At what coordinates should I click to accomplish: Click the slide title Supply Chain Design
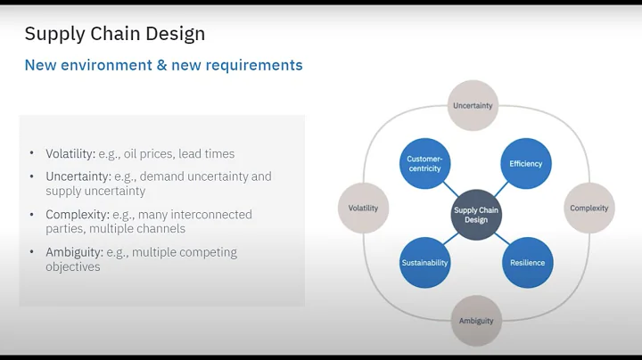(114, 34)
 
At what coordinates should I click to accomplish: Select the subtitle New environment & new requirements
(163, 65)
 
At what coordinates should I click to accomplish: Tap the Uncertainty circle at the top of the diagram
(473, 105)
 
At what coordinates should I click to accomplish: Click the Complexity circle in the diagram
(589, 209)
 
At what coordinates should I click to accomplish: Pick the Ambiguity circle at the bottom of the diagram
(476, 321)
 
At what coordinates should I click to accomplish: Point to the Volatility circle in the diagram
(363, 209)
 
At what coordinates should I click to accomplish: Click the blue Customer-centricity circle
(424, 164)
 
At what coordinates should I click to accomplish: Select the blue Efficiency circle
(526, 164)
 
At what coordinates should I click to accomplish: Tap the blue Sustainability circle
(424, 263)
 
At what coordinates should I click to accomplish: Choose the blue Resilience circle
(527, 263)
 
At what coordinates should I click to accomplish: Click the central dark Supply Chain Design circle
(476, 214)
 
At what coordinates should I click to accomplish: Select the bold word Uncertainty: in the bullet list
(78, 176)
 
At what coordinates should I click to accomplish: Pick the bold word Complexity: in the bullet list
(78, 215)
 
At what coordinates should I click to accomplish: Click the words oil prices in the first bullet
(161, 154)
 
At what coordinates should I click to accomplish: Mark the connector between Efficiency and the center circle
(501, 189)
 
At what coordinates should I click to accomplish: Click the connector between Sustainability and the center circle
(450, 238)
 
